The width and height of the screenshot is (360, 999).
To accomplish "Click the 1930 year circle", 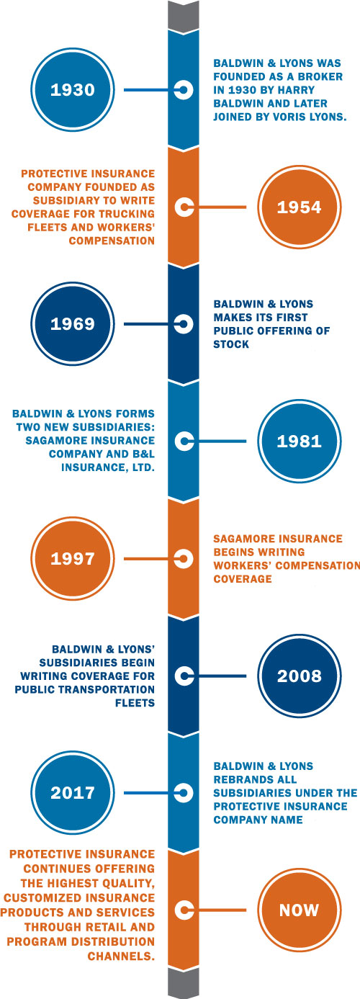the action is (x=73, y=89).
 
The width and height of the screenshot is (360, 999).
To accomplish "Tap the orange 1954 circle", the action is (x=300, y=207).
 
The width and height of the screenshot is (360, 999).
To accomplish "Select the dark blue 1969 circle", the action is (x=73, y=324).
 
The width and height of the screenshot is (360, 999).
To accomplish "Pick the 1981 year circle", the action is (x=300, y=441).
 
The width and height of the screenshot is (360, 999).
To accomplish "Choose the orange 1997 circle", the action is (x=73, y=558).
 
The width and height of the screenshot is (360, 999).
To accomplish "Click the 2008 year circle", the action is (x=300, y=676).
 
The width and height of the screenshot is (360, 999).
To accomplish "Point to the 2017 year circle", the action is (x=73, y=792).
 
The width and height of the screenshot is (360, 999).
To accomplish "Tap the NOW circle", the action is (x=300, y=910).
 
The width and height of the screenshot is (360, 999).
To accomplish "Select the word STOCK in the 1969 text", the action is (x=231, y=344).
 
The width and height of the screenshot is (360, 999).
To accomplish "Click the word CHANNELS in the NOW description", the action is (x=121, y=957).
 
